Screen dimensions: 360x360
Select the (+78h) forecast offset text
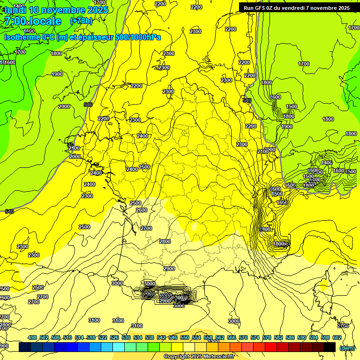click(x=81, y=21)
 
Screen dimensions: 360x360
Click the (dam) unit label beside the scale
click(x=347, y=347)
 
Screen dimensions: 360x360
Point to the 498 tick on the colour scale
click(x=32, y=337)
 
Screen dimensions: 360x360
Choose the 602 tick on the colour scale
click(x=337, y=337)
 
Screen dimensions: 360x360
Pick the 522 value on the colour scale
click(x=103, y=337)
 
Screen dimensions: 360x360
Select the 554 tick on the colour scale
click(x=196, y=337)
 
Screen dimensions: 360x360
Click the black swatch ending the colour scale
click(x=329, y=347)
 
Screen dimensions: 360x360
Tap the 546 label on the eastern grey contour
click(x=247, y=100)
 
